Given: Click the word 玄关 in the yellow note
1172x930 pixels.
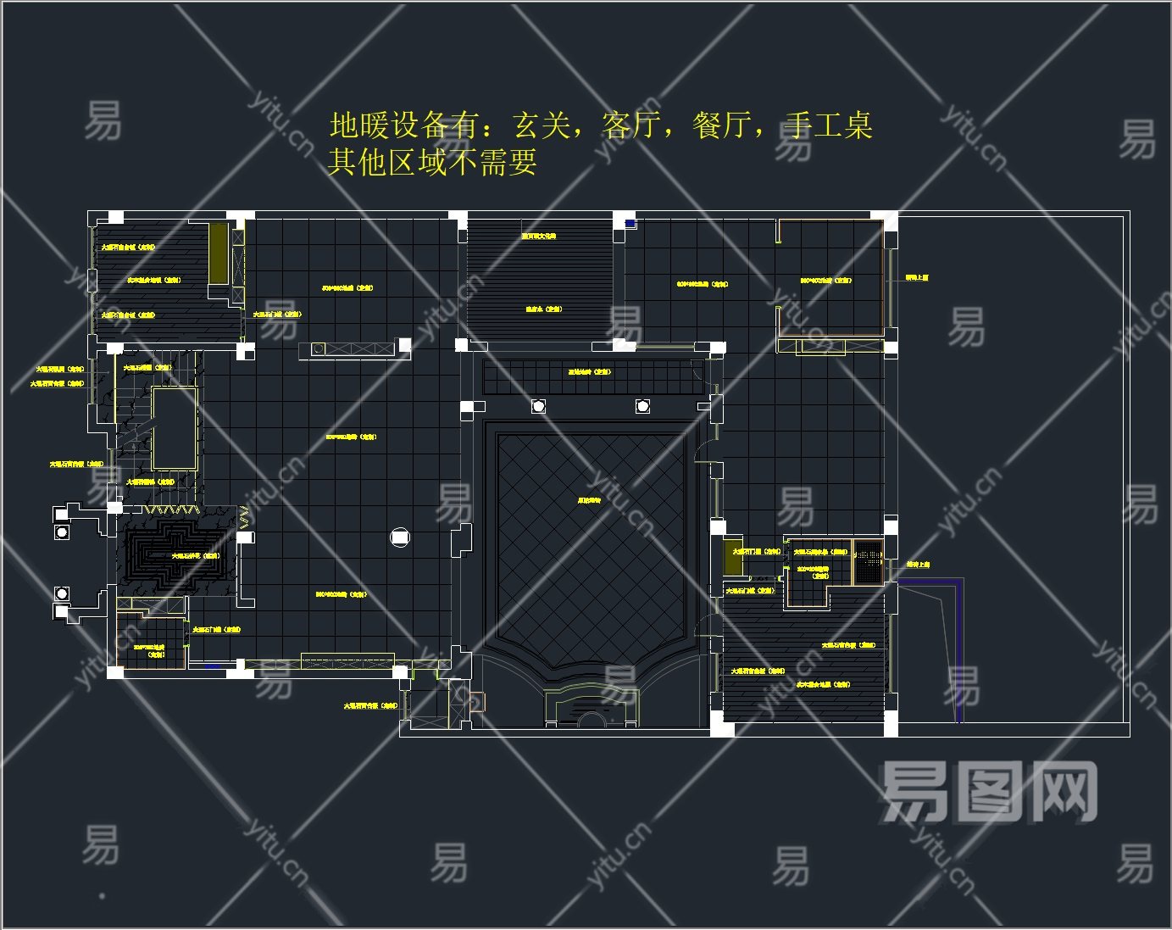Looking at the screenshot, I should click(542, 125).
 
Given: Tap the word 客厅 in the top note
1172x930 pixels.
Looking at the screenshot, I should click(631, 125).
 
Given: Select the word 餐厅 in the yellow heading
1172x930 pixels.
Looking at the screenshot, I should click(722, 125).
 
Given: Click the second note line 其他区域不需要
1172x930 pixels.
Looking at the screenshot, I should click(432, 161).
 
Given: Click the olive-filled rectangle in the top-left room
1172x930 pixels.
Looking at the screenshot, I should click(219, 253).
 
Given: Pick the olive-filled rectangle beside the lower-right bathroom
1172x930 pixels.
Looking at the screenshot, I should click(733, 556).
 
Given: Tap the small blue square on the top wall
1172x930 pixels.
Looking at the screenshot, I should click(630, 223).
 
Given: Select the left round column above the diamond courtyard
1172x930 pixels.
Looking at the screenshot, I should click(538, 407).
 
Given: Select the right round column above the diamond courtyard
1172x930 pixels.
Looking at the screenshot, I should click(642, 407).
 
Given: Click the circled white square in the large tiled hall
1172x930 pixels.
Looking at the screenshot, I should click(400, 537).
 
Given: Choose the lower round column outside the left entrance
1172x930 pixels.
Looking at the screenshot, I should click(61, 593).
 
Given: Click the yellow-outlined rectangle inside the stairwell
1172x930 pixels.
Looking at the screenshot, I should click(175, 429).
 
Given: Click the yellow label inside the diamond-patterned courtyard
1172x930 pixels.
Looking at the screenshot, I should click(589, 501).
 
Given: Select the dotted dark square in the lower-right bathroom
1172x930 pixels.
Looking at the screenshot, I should click(867, 561).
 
